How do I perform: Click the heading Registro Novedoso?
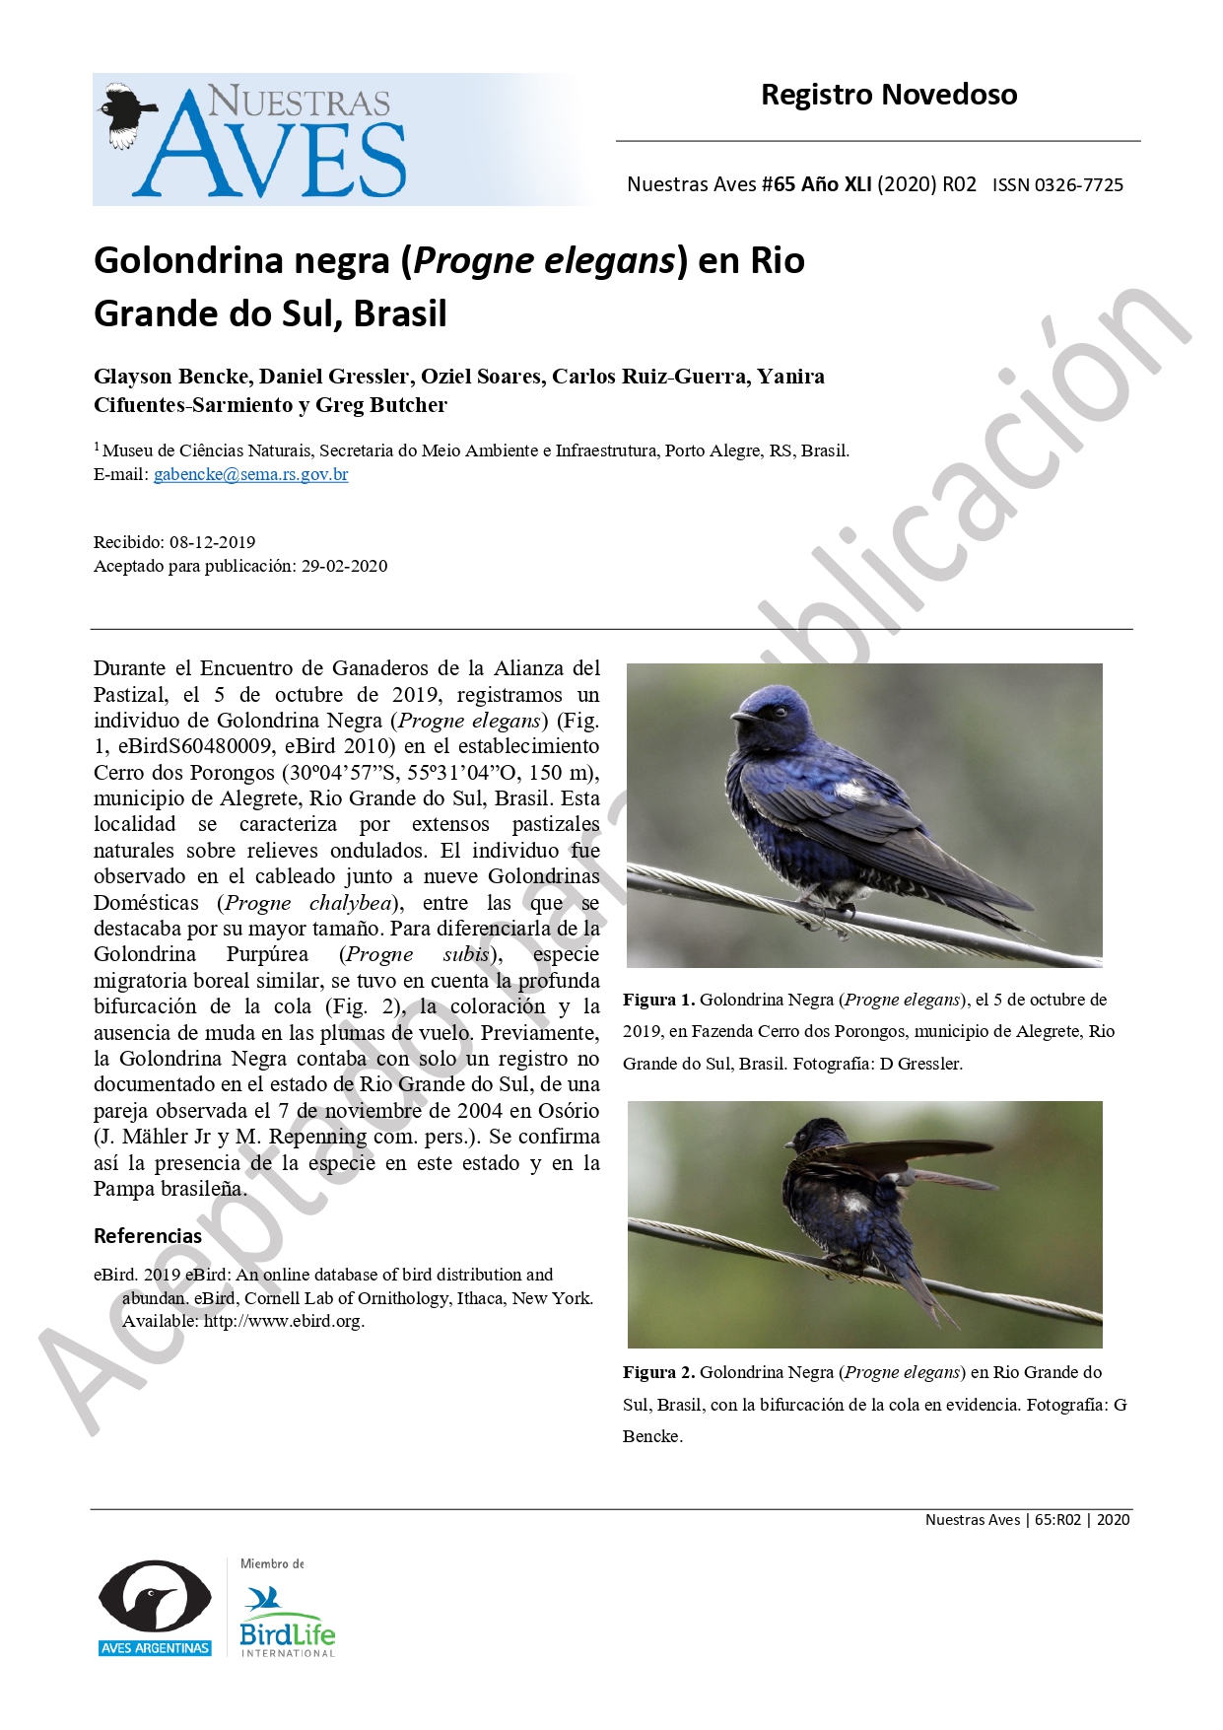888,95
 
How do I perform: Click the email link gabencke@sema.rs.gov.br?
250,474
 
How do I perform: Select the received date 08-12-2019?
212,542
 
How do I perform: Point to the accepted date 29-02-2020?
344,566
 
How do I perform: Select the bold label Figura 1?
658,1000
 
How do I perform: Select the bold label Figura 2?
658,1372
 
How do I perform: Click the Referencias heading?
148,1236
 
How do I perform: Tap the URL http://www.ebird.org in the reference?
283,1321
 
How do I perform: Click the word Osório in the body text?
568,1110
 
